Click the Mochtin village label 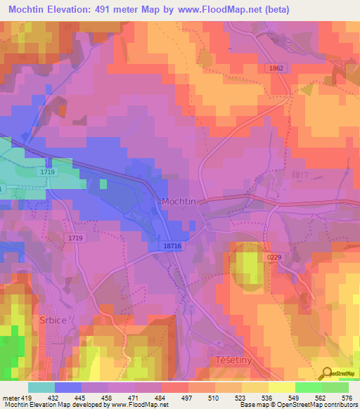pos(179,201)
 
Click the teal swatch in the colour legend pos(41,387)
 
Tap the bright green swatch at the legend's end pos(335,387)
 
